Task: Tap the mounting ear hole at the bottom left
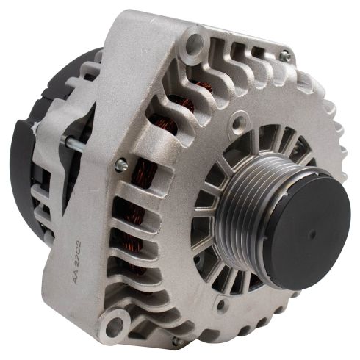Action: (113, 323)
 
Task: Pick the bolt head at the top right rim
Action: (284, 57)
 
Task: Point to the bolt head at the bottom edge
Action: (176, 342)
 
